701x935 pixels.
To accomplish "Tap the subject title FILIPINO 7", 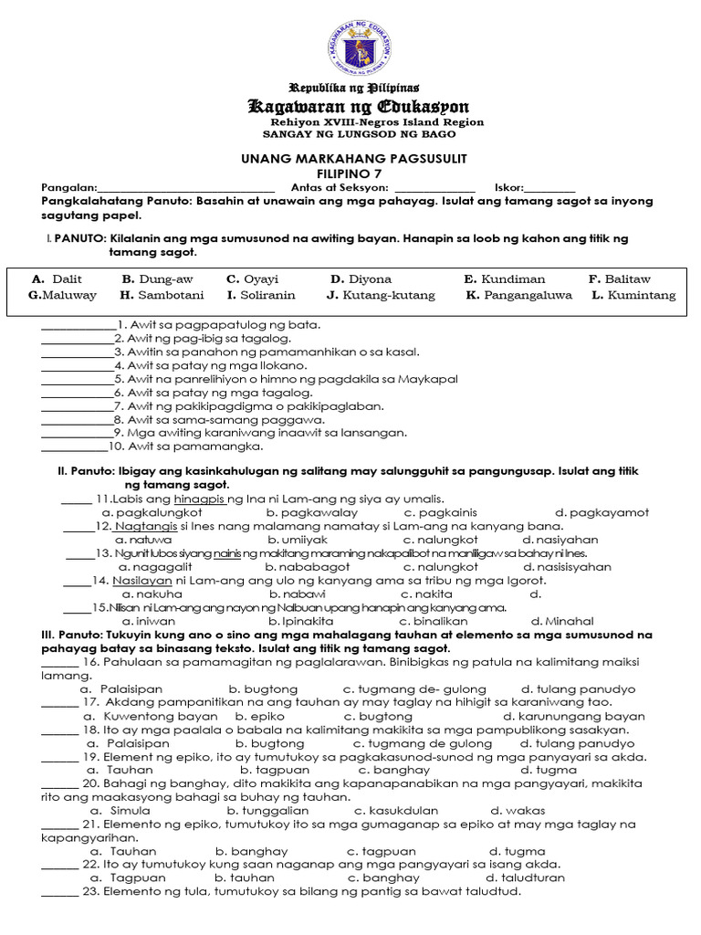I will coord(350,173).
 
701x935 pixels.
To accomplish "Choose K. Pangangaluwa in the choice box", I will coord(518,295).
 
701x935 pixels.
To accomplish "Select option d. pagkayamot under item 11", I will coord(602,513).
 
